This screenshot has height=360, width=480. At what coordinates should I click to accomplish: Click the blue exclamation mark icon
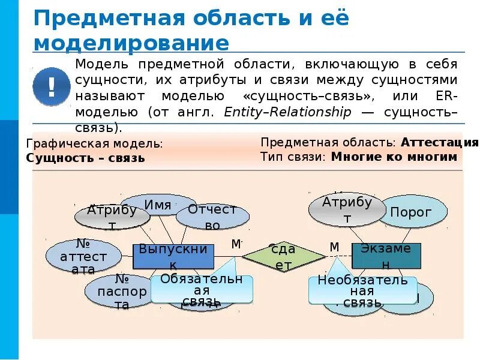point(52,86)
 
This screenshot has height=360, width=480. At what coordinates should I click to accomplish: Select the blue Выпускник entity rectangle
point(173,256)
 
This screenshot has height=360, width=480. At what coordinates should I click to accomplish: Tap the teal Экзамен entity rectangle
point(386,256)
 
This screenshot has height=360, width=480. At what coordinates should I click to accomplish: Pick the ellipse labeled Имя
point(158,205)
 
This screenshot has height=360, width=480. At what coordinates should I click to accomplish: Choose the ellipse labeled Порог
point(411,212)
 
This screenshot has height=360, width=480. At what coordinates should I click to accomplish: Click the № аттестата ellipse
point(83,257)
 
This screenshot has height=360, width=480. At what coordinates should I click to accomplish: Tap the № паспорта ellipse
point(121,292)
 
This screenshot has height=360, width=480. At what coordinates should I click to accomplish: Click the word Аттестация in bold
point(439,143)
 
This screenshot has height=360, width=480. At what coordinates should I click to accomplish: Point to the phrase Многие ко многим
point(394,157)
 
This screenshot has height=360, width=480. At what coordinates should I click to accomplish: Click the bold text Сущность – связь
point(86,158)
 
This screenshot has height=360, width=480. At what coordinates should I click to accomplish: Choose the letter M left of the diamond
point(236,244)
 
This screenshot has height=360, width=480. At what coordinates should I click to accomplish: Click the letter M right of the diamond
point(334,247)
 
